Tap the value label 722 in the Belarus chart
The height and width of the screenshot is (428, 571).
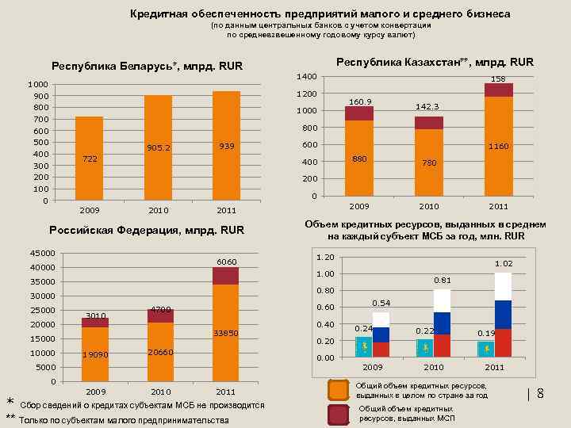tap(90, 159)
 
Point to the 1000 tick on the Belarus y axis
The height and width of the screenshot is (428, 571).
tap(36, 84)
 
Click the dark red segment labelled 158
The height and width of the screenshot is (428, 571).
tap(498, 90)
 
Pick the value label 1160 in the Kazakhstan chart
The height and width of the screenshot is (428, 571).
tap(498, 146)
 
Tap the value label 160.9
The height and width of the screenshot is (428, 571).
tap(360, 101)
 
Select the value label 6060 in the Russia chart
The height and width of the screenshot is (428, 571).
tap(226, 262)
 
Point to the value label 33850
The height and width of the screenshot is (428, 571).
tap(226, 334)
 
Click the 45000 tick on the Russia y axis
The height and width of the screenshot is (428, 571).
tap(43, 253)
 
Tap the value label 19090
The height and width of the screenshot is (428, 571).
tap(95, 353)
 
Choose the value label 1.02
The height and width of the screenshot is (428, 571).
tap(504, 263)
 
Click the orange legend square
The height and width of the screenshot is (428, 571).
tap(339, 390)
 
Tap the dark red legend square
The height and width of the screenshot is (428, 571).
tap(339, 414)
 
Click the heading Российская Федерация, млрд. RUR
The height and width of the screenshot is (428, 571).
tap(147, 231)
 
